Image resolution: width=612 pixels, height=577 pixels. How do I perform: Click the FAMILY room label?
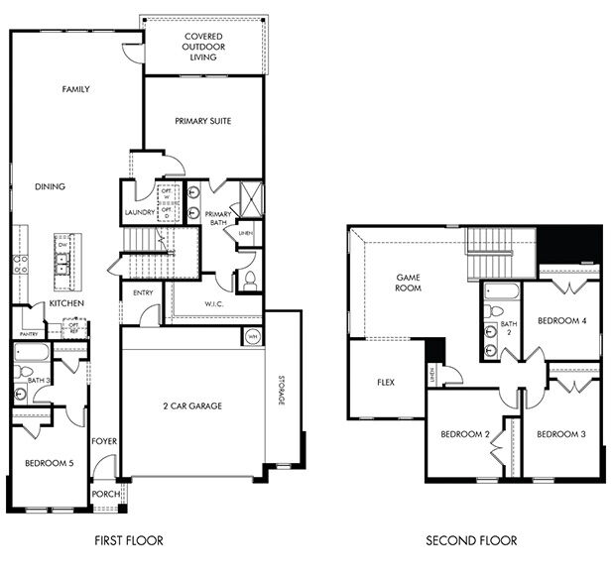76,89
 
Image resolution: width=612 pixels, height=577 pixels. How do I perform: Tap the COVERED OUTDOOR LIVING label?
202,47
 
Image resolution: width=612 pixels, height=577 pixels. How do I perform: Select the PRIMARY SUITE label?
202,121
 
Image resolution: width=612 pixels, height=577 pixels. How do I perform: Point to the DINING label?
50,185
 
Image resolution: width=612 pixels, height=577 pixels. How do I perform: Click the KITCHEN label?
66,302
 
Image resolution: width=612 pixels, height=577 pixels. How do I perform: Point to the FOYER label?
104,440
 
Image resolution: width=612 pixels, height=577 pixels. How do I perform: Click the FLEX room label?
387,382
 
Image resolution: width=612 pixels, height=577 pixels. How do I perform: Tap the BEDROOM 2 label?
465,434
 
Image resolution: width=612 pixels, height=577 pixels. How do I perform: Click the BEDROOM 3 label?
562,434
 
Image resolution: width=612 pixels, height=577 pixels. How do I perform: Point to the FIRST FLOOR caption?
129,540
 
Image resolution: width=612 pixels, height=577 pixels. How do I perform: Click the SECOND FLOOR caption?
471,540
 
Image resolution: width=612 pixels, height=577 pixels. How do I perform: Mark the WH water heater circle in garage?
251,336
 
